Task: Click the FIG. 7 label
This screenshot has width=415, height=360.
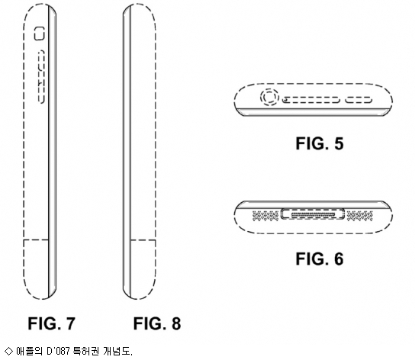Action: coord(52,323)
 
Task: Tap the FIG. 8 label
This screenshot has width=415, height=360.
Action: coord(157,323)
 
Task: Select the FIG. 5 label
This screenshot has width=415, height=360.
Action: coord(320,143)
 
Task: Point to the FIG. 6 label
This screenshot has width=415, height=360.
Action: coord(320,259)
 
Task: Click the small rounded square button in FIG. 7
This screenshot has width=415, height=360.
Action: coord(40,34)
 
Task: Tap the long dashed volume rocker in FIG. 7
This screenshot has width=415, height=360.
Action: coord(41,76)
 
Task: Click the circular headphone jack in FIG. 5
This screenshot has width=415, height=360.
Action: coord(269,97)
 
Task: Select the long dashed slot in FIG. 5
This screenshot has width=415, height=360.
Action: coord(311,100)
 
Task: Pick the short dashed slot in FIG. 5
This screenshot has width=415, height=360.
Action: coord(359,100)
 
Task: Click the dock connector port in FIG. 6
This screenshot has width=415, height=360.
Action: coord(313,214)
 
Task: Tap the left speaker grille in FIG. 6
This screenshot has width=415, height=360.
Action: coord(265,216)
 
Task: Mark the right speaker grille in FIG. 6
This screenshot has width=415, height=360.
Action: coord(359,216)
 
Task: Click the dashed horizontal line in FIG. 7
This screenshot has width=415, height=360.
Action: coord(37,240)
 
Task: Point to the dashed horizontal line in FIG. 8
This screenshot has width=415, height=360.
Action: coord(143,240)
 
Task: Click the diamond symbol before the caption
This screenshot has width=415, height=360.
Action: coord(8,351)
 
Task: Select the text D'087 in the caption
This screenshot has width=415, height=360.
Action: coord(58,352)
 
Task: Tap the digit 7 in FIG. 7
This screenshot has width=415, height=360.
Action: coord(70,323)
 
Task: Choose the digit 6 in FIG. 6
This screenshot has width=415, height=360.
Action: coord(339,259)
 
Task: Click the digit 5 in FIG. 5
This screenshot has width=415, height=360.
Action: coord(339,143)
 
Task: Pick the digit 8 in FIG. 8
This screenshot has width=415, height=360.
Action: coord(176,323)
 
